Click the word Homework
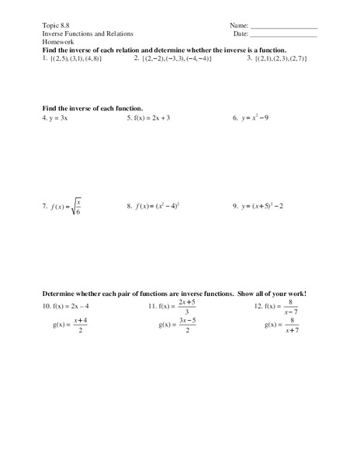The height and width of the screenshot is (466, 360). click(x=57, y=43)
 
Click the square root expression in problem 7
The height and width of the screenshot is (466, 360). click(x=74, y=207)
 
